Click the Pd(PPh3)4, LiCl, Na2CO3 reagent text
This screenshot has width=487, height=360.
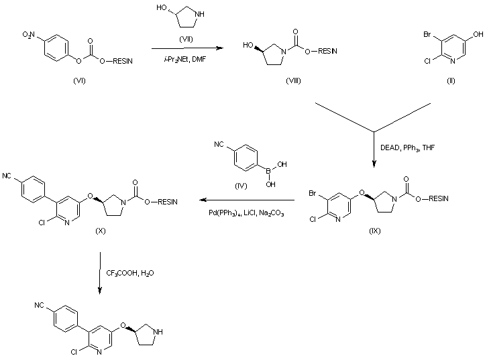tap(246, 213)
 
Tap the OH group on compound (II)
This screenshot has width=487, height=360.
tap(477, 32)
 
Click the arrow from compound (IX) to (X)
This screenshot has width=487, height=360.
tap(246, 200)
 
